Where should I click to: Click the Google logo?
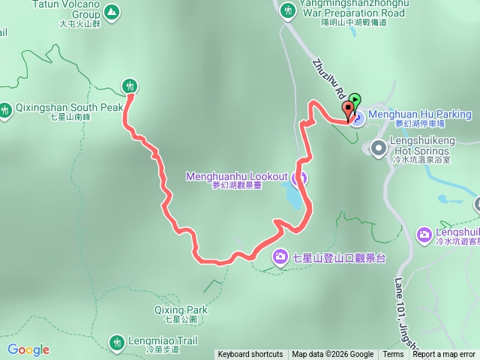pos(28,349)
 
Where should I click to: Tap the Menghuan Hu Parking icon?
pos(358,115)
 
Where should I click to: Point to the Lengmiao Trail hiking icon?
pos(116,343)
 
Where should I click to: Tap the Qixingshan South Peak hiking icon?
pos(6,111)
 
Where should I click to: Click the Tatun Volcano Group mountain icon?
pos(111,12)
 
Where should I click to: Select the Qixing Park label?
pos(181,310)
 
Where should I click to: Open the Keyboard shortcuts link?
pos(250,355)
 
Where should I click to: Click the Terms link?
pos(393,355)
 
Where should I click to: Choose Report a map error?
pos(444,355)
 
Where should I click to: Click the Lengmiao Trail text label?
pos(160,340)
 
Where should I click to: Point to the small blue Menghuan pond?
pos(294,196)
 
